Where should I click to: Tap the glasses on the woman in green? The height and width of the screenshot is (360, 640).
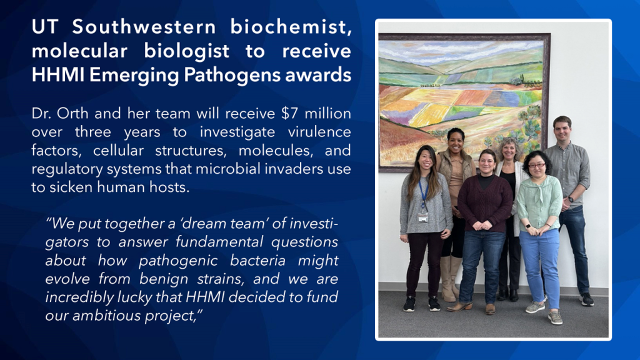[536, 166]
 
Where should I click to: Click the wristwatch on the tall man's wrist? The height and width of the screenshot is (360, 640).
[570, 199]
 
